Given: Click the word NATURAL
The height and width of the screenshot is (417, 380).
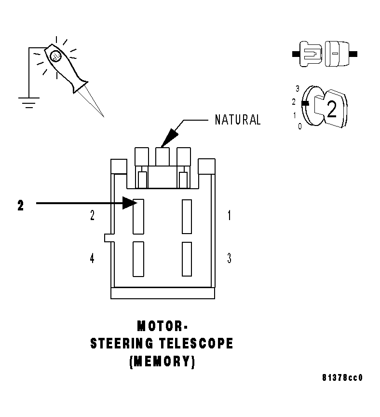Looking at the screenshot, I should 237,120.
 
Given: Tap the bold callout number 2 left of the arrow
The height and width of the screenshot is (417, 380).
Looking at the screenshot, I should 20,206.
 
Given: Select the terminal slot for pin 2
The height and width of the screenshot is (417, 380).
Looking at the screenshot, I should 138,216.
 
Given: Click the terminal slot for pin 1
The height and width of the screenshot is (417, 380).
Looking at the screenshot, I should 187,216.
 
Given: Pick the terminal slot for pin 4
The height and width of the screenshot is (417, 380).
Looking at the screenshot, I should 138,259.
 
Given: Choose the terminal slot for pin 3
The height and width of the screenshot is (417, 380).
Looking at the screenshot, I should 187,259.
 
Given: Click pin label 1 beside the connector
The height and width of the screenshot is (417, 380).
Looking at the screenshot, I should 229,216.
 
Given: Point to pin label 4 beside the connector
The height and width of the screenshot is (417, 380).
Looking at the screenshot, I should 92,259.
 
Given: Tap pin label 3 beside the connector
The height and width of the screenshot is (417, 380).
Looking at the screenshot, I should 229,259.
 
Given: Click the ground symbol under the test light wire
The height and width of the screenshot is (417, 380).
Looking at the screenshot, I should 29,102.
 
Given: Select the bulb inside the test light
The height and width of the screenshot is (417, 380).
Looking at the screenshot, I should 55,56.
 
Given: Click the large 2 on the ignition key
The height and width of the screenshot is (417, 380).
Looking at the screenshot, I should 331,110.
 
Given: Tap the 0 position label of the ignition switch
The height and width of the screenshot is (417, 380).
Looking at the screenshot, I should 299,126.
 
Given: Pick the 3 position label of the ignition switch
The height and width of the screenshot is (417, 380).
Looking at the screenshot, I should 298,89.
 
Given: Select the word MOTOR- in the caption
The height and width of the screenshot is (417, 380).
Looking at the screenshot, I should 160,326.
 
